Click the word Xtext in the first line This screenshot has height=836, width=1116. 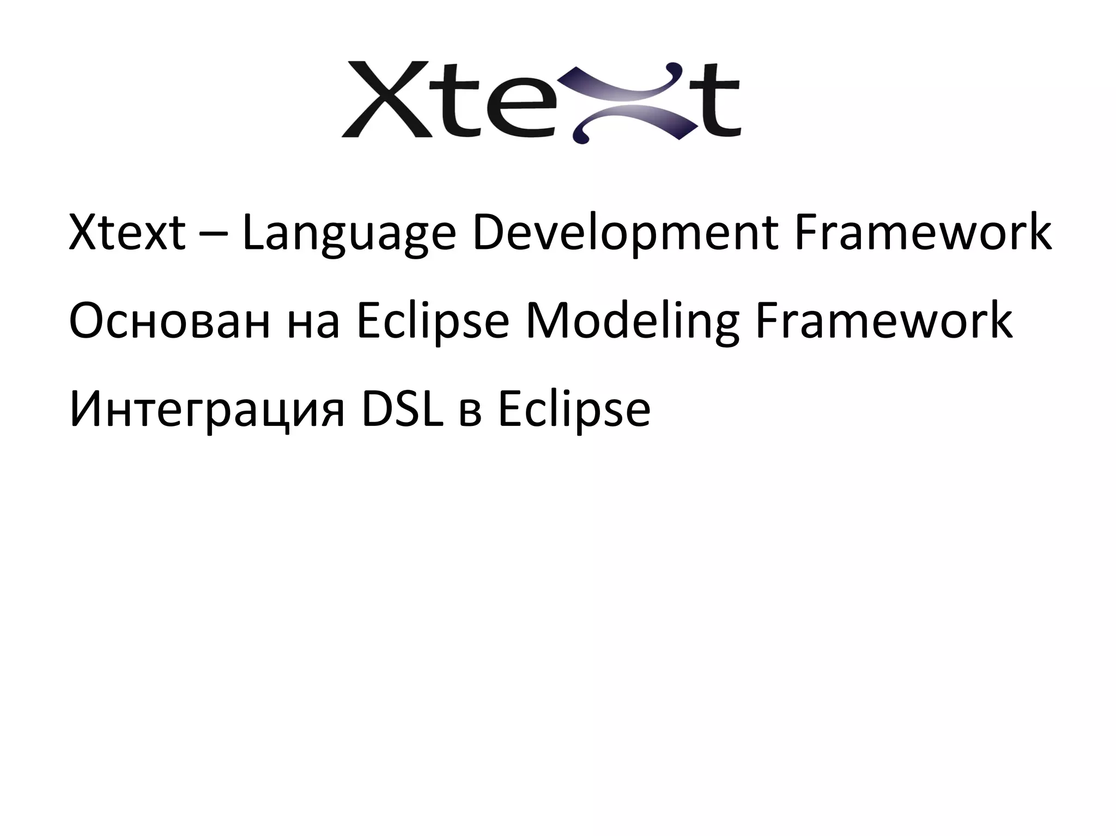[x=127, y=233]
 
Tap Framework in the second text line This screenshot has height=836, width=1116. [x=883, y=321]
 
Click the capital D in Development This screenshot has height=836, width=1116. [x=489, y=233]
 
